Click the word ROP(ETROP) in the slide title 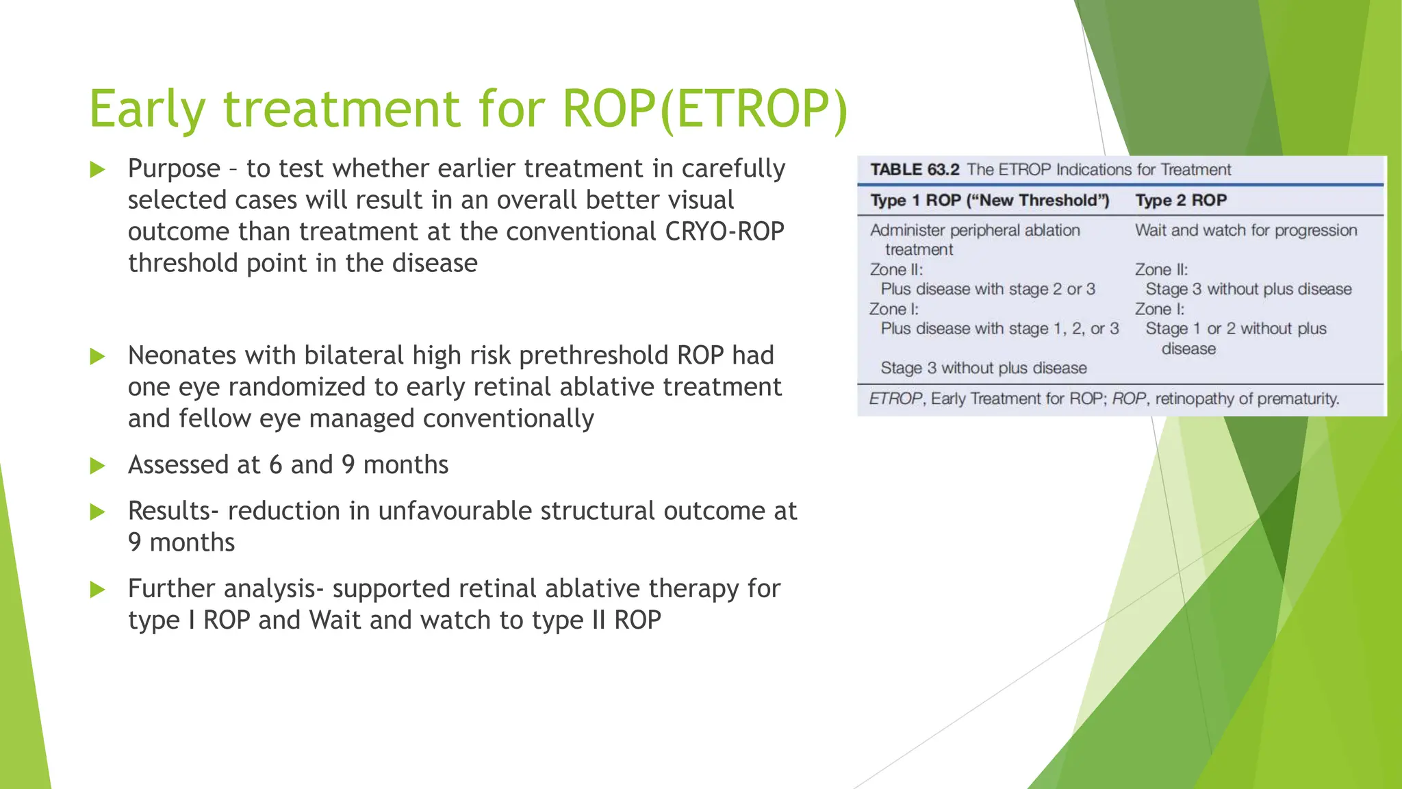pos(705,110)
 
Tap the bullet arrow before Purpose pos(98,169)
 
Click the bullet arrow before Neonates pos(98,356)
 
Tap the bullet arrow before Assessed pos(98,466)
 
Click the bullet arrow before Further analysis pos(98,590)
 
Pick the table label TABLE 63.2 pos(915,170)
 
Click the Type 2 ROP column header pos(1181,201)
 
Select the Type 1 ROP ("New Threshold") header pos(989,201)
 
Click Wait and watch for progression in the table pos(1246,231)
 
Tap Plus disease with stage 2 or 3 pos(988,290)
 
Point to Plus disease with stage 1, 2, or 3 pos(999,329)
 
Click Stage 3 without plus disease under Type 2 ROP pos(1249,290)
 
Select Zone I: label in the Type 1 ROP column pos(894,310)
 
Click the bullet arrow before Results pos(98,512)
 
